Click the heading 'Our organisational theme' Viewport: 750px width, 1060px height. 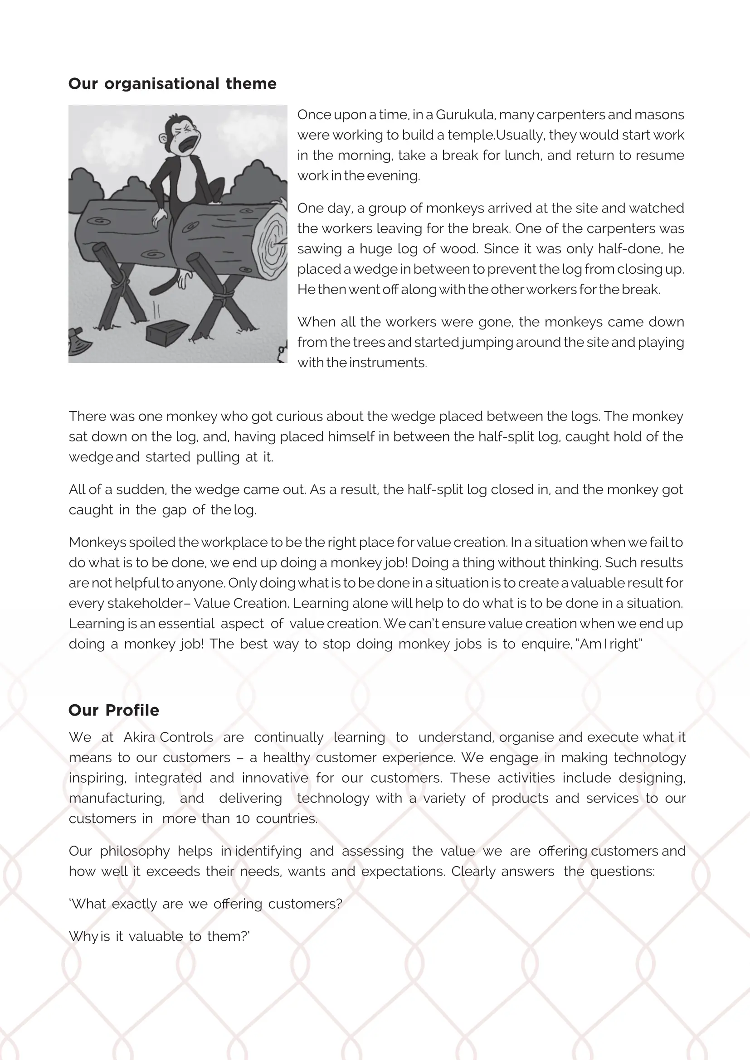pos(172,84)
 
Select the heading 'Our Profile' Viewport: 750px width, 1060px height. pos(114,710)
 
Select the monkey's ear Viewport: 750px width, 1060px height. pos(163,138)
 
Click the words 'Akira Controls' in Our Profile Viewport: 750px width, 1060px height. pos(168,737)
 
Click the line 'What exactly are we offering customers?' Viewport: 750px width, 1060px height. pos(206,904)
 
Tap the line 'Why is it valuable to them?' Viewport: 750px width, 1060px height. pos(159,936)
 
